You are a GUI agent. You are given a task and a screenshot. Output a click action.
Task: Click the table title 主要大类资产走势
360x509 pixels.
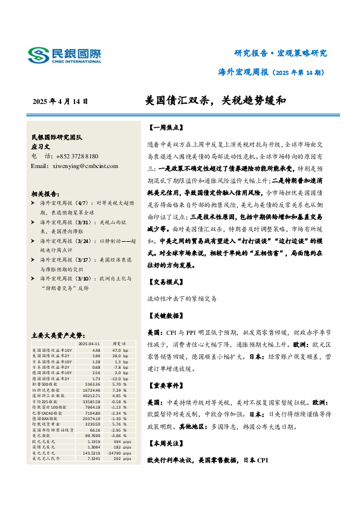click(x=57, y=334)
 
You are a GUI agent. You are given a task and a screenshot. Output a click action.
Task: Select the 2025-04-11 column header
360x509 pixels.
click(x=89, y=343)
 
